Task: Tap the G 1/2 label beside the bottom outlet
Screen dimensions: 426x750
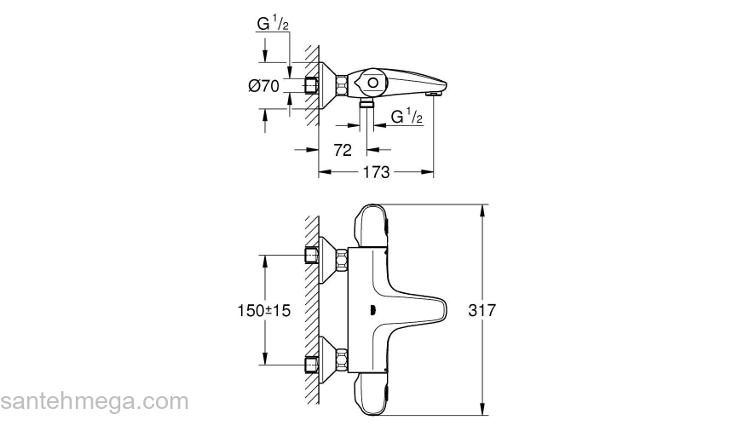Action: (407, 117)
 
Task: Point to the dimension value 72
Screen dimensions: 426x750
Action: (343, 150)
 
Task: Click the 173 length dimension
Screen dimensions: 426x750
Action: (375, 172)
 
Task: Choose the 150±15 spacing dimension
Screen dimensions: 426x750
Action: (263, 311)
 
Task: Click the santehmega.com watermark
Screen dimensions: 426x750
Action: (94, 401)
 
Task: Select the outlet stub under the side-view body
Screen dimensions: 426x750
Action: (367, 103)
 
